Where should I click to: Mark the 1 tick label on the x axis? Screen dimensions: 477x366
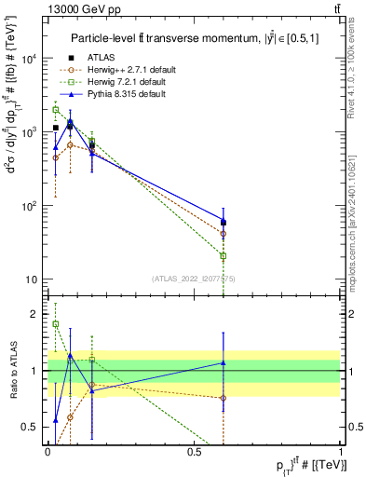tap(341, 452)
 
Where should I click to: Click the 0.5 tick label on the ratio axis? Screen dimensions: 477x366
tap(33, 427)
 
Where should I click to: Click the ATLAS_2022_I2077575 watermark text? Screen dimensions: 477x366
tap(194, 278)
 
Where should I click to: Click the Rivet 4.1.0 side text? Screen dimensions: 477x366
tap(358, 70)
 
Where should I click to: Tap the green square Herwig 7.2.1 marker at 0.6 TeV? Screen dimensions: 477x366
tap(223, 255)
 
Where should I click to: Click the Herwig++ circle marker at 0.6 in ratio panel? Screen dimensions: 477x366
tap(223, 398)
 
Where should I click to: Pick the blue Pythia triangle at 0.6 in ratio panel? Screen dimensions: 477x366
tap(223, 362)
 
